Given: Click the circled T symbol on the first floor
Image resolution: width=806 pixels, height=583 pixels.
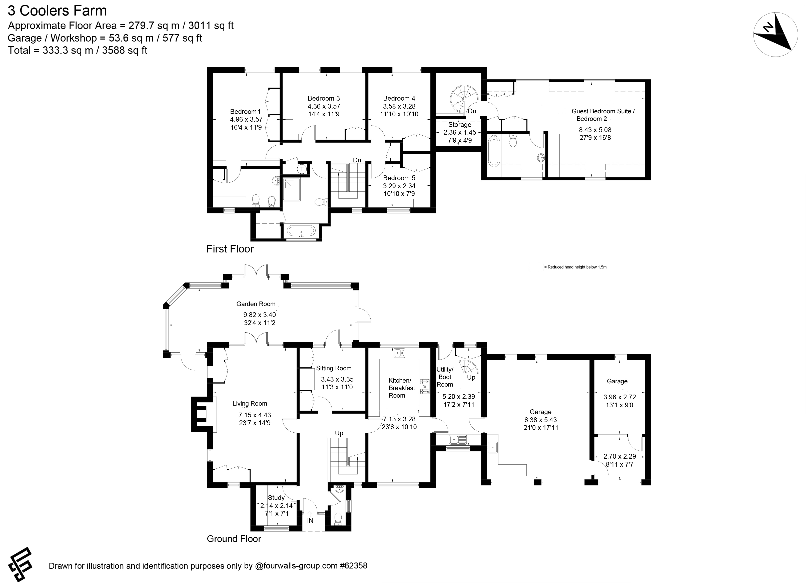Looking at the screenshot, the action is [302, 169].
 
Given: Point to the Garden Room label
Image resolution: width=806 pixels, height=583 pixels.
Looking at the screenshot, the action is [256, 304].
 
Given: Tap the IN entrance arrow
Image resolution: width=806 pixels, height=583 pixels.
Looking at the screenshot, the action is [310, 514].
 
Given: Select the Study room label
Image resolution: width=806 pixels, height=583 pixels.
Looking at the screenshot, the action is [276, 498].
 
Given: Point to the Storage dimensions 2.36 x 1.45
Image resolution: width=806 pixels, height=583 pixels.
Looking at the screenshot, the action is [460, 133].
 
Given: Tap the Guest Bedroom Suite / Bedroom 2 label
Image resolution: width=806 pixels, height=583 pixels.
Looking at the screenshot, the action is [603, 115].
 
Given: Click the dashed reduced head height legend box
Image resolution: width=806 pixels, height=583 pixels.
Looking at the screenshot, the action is [536, 267].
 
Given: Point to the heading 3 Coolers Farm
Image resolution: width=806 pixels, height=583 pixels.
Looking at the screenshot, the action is [57, 11].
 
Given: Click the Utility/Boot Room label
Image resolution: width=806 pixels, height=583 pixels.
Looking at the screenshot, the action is [445, 377].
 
